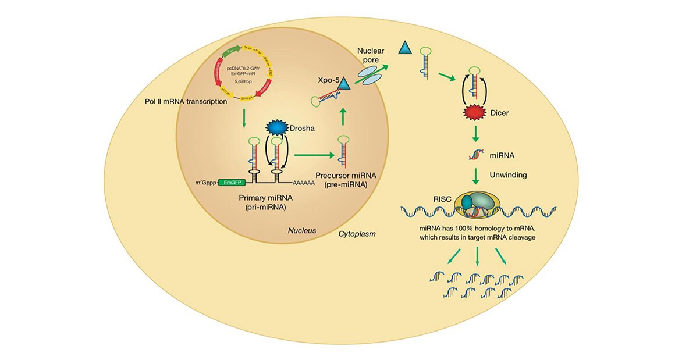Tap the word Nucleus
click(x=302, y=231)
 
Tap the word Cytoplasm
click(x=357, y=234)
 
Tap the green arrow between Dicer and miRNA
click(x=475, y=134)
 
